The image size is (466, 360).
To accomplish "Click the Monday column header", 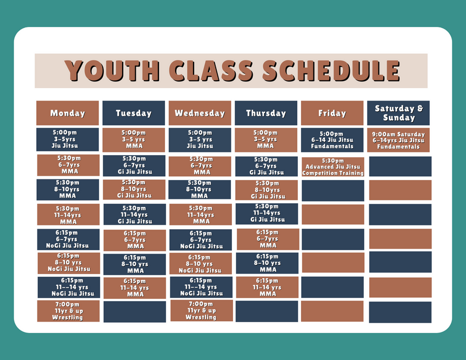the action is (x=68, y=113).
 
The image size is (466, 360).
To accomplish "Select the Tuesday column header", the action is (x=134, y=113).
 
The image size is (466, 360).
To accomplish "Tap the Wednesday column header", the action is (x=199, y=113).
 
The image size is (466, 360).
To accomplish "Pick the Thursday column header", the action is (x=266, y=113).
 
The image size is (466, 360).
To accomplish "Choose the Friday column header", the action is (x=332, y=113).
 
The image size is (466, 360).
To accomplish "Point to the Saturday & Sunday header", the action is (x=398, y=113).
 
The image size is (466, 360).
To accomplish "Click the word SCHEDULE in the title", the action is (x=331, y=71).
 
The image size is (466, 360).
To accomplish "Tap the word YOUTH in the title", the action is (x=112, y=71).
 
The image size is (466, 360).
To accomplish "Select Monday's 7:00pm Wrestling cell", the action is (x=68, y=311).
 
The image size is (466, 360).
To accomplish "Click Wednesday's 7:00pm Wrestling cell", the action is (x=202, y=311).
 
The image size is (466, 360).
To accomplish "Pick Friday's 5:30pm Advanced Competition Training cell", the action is (x=333, y=167).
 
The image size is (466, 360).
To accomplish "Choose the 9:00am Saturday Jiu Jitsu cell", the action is (x=398, y=140).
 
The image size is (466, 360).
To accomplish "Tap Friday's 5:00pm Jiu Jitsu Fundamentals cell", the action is (x=332, y=140).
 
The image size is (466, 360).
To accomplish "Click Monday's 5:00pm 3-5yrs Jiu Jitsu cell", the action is (x=68, y=139).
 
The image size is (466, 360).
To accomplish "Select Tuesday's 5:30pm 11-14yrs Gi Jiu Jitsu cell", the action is (x=135, y=215).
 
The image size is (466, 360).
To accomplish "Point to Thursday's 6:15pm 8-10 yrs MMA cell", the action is (x=267, y=263).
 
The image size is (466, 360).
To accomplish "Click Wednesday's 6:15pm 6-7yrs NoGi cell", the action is (x=201, y=239).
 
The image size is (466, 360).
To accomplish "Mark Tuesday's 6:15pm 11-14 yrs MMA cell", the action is (x=135, y=288).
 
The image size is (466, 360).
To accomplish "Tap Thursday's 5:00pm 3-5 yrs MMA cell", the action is (x=266, y=140).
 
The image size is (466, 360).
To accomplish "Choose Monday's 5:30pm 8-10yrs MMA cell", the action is (x=68, y=190).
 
